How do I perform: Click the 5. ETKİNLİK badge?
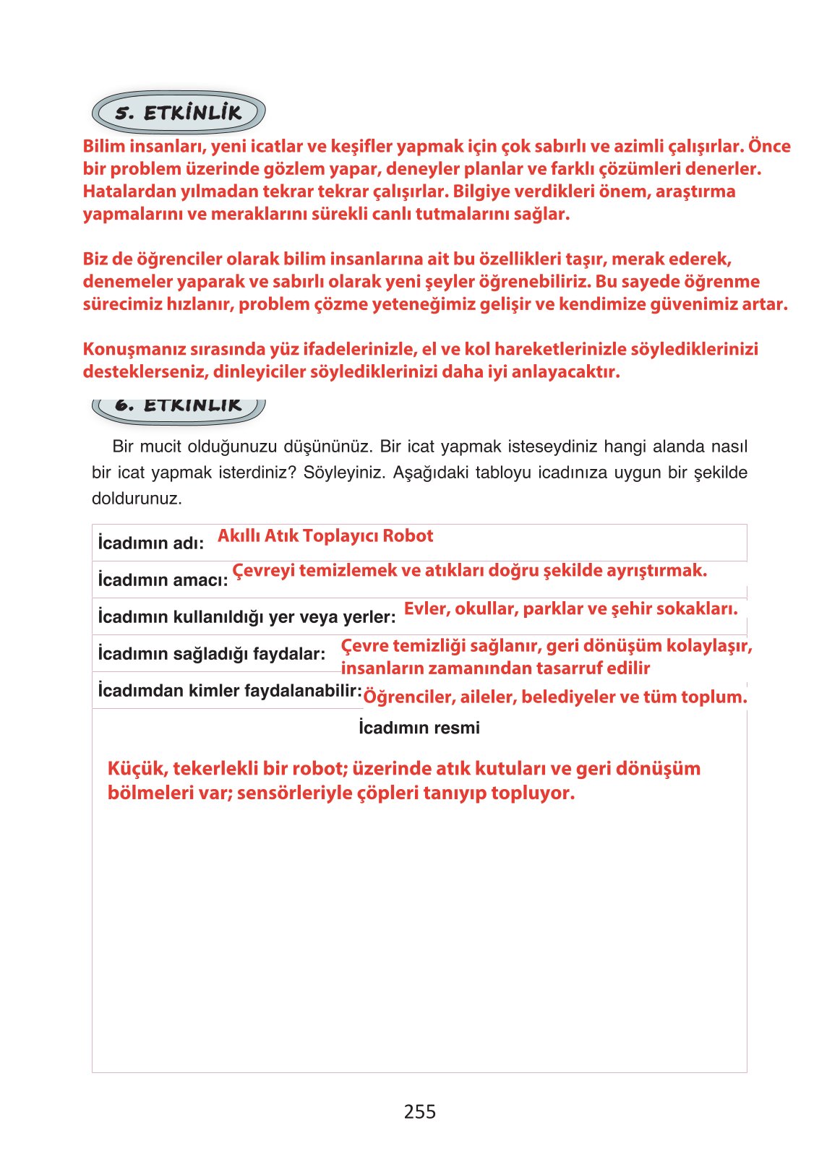179,113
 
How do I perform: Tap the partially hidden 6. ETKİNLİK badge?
179,407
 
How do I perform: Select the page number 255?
419,1111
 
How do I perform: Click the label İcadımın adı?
151,543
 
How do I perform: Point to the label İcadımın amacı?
163,580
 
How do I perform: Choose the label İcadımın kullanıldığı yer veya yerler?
247,617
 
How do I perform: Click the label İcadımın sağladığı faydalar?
211,654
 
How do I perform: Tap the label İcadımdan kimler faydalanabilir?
230,691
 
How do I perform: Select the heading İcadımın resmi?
419,728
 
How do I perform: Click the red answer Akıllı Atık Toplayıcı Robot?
325,536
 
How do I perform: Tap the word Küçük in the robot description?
137,769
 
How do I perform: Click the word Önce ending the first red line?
769,146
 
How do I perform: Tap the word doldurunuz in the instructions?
136,499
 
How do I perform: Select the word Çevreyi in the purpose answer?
263,571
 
